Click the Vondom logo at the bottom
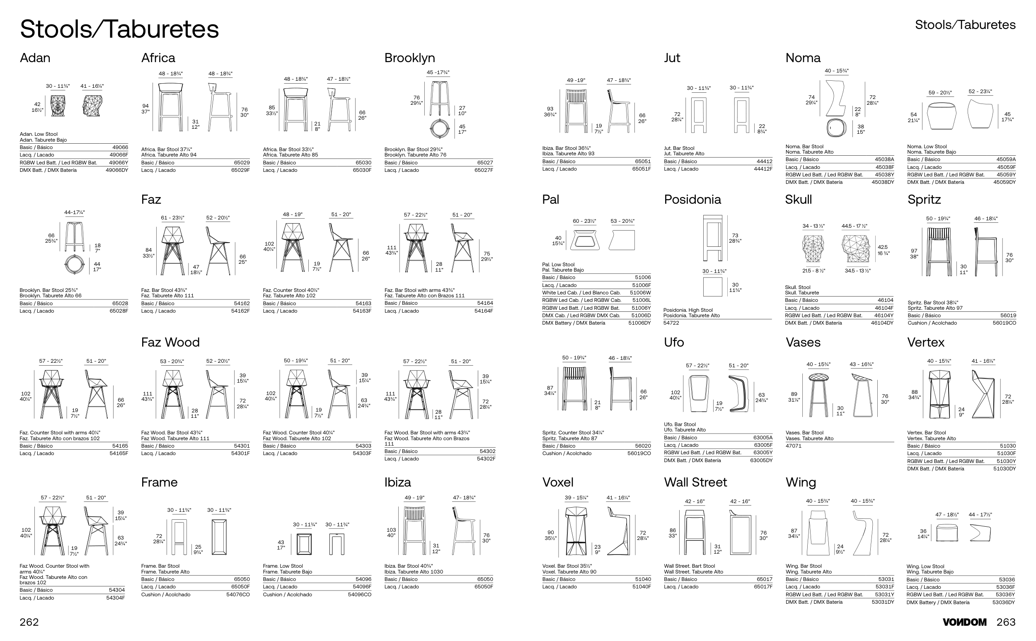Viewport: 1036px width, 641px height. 964,622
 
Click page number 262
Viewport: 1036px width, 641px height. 29,622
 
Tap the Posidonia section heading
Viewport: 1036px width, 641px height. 692,199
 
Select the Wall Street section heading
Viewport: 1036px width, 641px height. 695,482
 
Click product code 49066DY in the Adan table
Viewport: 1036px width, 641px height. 117,170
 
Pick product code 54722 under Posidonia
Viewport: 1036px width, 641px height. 671,323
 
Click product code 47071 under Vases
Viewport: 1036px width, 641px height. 793,446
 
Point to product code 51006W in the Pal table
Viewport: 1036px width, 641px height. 640,292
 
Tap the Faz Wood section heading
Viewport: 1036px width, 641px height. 170,342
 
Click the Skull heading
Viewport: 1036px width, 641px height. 798,199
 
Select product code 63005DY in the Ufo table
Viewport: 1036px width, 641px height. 761,460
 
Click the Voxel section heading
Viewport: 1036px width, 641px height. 557,482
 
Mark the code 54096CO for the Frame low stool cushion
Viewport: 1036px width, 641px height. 360,594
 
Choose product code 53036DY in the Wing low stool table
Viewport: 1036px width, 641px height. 1004,602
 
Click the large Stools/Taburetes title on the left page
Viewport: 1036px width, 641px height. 119,29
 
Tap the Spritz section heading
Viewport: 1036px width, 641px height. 924,199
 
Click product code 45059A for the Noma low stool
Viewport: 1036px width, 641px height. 1006,159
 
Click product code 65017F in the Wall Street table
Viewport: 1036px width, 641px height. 763,587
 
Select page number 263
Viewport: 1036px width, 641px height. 1006,622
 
